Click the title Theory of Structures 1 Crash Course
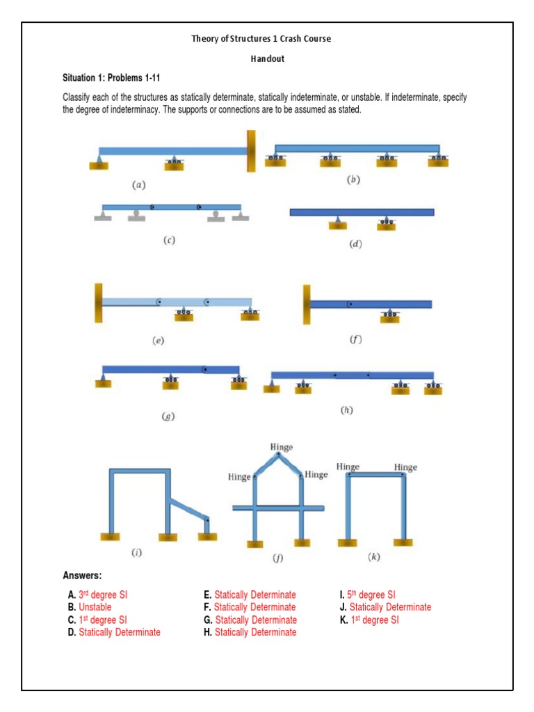(261, 39)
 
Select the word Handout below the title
(268, 59)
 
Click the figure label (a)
(139, 185)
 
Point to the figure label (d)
(357, 244)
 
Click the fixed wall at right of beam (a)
(251, 150)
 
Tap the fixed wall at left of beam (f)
(307, 305)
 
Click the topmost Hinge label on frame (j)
(282, 446)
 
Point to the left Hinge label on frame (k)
(348, 467)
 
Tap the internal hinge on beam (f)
(350, 304)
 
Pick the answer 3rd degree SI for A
(103, 594)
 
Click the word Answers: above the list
(82, 576)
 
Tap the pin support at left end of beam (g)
(104, 380)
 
